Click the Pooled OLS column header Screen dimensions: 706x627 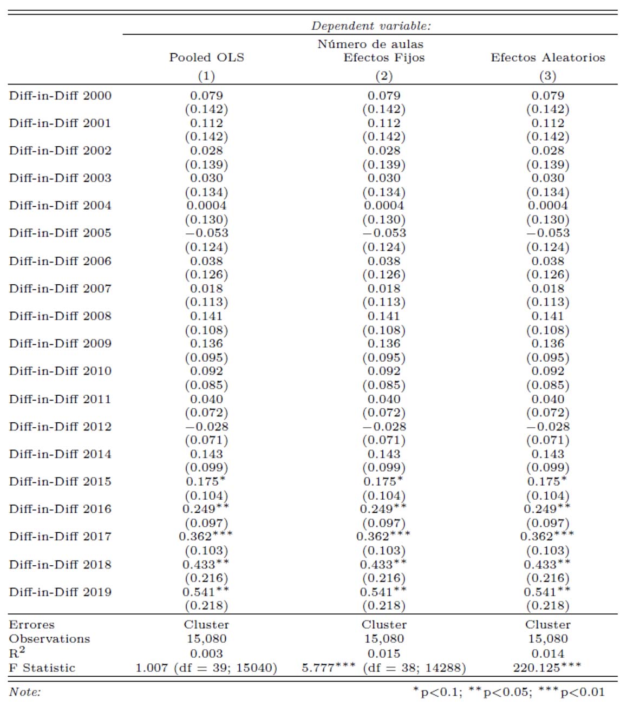(x=206, y=57)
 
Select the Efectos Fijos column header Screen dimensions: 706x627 (x=384, y=57)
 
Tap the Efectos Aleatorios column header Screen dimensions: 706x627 (x=547, y=57)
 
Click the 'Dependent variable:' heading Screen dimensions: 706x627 (x=371, y=26)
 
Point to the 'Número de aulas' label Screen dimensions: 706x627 (x=370, y=44)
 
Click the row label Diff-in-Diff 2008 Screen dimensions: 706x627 (x=60, y=316)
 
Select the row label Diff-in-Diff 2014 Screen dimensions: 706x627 (x=60, y=454)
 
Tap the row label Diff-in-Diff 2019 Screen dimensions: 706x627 (x=60, y=592)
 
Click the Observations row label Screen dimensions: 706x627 (x=49, y=639)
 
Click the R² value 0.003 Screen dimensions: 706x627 (x=206, y=653)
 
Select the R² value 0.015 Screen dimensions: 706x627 (x=384, y=653)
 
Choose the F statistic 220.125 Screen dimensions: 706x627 (x=541, y=668)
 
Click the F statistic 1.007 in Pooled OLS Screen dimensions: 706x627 (x=152, y=668)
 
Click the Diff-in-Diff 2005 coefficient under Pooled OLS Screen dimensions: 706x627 (x=206, y=233)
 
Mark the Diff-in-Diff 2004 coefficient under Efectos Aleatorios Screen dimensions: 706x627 (x=547, y=205)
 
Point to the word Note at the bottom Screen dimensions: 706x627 (x=24, y=692)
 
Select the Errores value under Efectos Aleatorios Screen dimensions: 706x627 (x=547, y=624)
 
